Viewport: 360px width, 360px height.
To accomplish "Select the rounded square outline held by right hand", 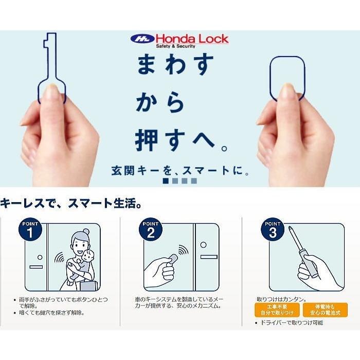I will point(288,77).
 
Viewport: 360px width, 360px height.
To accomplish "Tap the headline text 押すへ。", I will point(181,140).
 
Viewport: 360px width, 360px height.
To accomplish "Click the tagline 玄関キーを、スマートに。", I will point(181,171).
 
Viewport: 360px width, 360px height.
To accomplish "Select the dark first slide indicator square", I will point(166,181).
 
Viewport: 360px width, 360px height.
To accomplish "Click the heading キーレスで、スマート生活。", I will point(71,203).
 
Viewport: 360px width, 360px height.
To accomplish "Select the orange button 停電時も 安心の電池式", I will point(325,310).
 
